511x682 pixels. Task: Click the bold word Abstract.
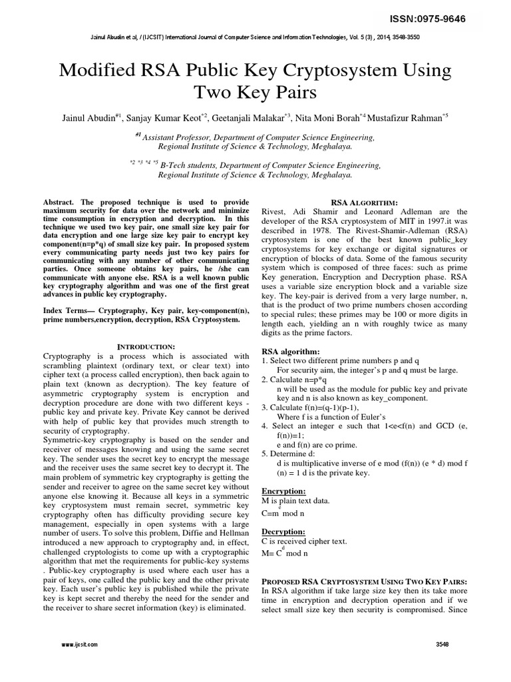[60, 201]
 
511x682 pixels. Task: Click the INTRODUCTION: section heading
[146, 346]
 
